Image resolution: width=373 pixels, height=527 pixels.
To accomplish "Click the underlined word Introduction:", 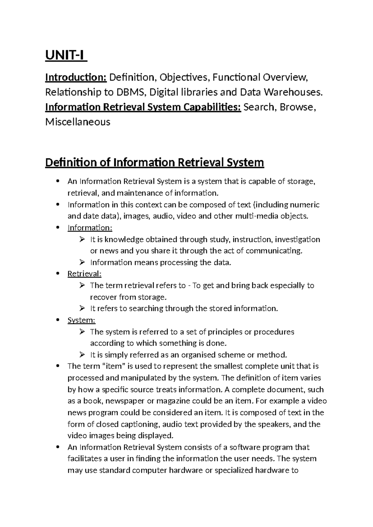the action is coord(76,77).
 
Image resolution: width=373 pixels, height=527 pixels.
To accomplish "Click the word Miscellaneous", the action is coord(78,122).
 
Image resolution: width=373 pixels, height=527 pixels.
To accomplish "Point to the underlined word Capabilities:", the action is coord(211,107).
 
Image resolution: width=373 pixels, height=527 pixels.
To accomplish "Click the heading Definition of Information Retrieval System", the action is coord(154,162).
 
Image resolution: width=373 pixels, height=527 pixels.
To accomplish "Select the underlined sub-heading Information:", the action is coord(90,228).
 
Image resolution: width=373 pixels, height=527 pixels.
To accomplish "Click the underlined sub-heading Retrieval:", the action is coord(85,274).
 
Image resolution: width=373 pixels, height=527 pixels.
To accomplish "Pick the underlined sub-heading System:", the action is coord(81,320).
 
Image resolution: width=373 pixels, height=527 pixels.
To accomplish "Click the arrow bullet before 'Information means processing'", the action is coord(82,262).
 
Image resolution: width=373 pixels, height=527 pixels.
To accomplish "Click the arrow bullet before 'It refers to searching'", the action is coord(82,308).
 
